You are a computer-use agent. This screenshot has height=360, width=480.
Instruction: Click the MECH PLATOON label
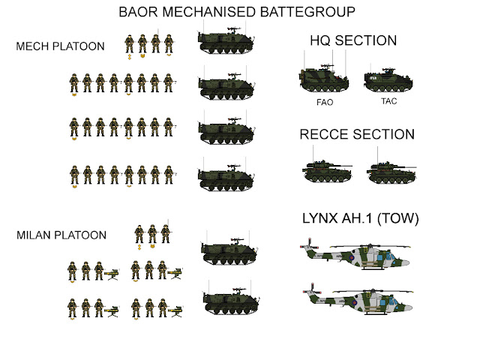pyautogui.click(x=60, y=46)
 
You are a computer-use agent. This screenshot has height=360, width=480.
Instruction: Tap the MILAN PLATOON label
pyautogui.click(x=61, y=235)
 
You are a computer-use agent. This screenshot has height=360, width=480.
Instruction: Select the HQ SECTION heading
pyautogui.click(x=353, y=40)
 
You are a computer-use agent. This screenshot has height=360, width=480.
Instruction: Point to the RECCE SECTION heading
pyautogui.click(x=357, y=135)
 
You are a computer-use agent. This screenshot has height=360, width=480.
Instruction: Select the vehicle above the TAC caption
pyautogui.click(x=388, y=79)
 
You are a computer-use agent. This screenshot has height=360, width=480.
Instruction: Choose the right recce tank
pyautogui.click(x=392, y=171)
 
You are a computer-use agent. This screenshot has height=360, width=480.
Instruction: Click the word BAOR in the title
pyautogui.click(x=141, y=12)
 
